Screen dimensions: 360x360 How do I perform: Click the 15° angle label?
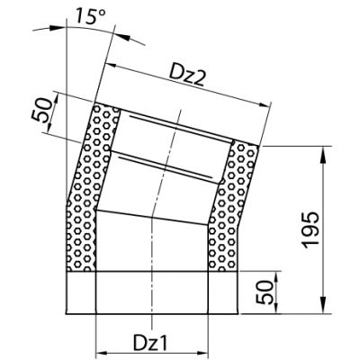coord(90,15)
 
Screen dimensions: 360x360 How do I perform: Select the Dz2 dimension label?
coord(187,76)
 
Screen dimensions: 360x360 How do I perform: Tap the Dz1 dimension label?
coord(150,343)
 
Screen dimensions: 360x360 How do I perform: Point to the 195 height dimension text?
coord(310,230)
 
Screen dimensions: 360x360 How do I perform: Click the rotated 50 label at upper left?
coord(42,110)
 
